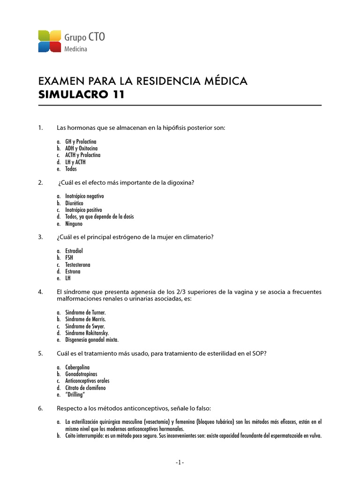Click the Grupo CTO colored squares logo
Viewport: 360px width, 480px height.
point(50,41)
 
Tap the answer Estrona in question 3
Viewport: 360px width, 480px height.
point(73,271)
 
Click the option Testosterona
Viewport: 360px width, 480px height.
point(78,265)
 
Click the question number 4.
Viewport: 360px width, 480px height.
point(40,292)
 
